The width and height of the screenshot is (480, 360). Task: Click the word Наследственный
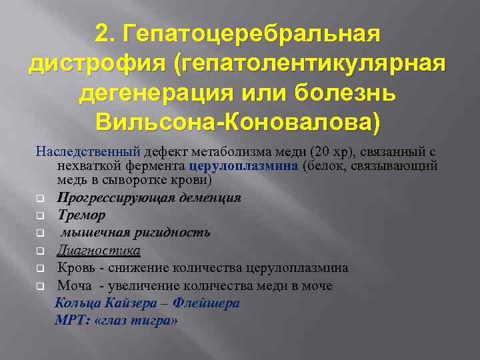coord(78,151)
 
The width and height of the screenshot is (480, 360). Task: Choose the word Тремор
coord(81,215)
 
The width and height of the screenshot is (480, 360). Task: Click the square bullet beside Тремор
coord(40,216)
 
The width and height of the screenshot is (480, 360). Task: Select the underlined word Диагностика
coord(99,250)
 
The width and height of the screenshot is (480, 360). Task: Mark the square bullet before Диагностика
coord(40,251)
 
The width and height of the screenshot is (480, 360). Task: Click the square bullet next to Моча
coord(40,286)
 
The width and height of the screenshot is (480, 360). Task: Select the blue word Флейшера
coord(206,303)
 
